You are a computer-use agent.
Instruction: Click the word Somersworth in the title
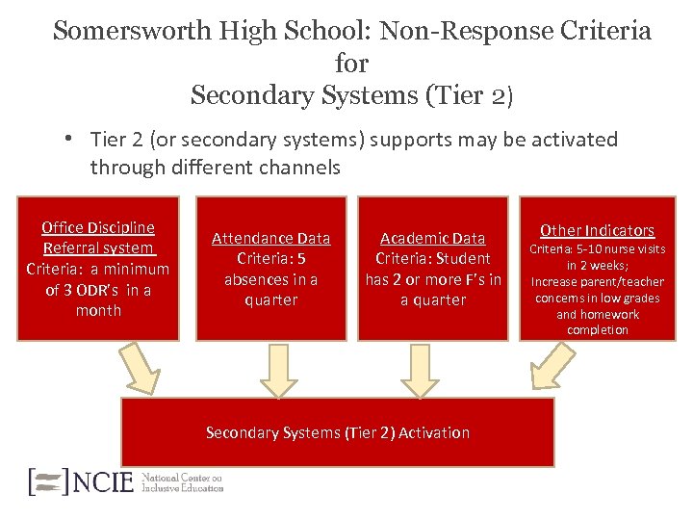[122, 31]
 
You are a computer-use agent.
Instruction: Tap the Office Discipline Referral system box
[98, 269]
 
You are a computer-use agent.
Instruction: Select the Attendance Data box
[270, 269]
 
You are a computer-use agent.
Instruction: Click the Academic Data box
[433, 269]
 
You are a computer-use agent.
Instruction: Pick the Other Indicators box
[597, 269]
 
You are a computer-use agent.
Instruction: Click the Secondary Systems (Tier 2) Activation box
[337, 432]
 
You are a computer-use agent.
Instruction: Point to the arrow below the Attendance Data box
[280, 371]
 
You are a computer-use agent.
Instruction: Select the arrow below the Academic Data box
[420, 371]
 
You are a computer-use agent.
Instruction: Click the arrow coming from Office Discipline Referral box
[140, 370]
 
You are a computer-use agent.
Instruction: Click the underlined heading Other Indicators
[597, 230]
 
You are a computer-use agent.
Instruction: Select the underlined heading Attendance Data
[270, 238]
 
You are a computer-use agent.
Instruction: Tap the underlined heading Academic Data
[433, 238]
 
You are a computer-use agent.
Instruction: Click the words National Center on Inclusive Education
[182, 481]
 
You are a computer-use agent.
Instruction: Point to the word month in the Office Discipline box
[98, 310]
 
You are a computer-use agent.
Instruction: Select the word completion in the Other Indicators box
[597, 329]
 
